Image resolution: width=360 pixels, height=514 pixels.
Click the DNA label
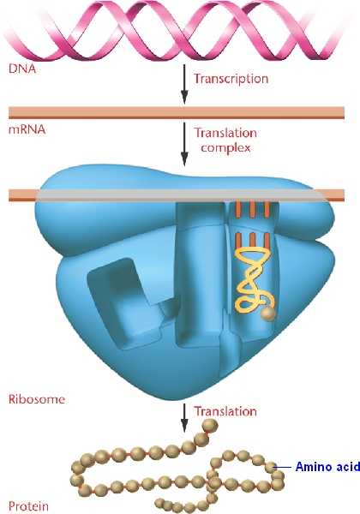point(22,69)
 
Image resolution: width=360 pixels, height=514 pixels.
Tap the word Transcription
point(231,79)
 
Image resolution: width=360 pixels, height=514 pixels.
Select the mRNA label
point(27,129)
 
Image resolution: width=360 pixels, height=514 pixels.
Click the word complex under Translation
point(225,148)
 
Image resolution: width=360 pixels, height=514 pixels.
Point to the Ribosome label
point(36,399)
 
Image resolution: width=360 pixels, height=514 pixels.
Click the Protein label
point(28,506)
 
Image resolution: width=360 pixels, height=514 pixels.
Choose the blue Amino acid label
point(327,466)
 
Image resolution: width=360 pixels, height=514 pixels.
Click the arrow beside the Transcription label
point(184,84)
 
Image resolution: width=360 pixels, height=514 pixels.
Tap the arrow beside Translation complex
point(184,144)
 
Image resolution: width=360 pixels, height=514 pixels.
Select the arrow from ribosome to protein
point(184,418)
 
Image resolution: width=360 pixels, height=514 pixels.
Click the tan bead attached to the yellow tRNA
point(268,314)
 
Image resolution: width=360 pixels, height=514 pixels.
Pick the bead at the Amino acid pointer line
point(271,467)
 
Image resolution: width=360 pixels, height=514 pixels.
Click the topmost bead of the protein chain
point(210,426)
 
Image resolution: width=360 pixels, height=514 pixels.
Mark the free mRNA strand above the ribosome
point(177,112)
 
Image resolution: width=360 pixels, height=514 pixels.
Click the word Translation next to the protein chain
point(225,411)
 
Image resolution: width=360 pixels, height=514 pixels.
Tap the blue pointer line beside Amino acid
point(284,467)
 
